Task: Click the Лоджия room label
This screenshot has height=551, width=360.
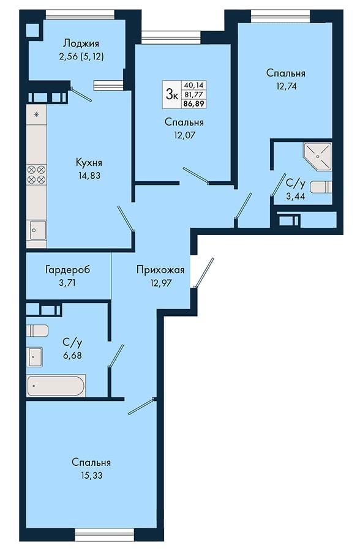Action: point(81,43)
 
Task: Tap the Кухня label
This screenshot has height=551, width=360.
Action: point(89,163)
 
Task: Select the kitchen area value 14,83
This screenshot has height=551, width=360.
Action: point(89,175)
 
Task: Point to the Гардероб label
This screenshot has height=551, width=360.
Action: point(67,270)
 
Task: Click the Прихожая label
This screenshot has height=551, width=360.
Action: point(160,270)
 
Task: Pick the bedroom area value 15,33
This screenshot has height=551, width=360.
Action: point(91,476)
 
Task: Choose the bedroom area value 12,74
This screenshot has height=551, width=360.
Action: point(286,86)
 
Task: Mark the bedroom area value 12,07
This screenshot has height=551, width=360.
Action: point(184,135)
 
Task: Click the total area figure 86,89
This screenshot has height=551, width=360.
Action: point(193,103)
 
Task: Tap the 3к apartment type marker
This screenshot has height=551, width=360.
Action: point(171,94)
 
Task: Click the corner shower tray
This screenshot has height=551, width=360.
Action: point(318,156)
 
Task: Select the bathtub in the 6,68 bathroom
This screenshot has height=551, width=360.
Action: point(56,386)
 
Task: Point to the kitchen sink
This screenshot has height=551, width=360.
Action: point(37,230)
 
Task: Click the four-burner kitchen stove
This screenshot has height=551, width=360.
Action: point(37,174)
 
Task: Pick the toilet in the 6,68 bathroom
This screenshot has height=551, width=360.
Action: point(37,331)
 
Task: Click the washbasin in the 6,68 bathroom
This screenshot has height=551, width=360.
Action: point(35,357)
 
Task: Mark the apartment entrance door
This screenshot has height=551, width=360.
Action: point(203,273)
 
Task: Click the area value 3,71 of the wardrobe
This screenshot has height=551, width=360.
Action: point(67,282)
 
